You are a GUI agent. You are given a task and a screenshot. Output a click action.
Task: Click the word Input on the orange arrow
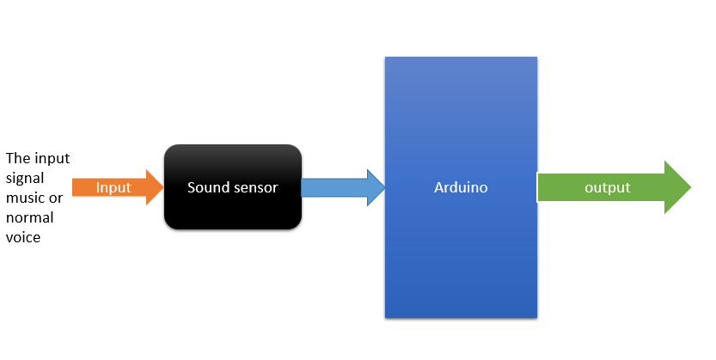(113, 187)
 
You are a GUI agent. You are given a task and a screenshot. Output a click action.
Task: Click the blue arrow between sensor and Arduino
(343, 187)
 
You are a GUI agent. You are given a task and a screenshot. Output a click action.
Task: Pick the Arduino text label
(461, 187)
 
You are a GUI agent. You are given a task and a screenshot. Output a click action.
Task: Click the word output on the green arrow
(608, 187)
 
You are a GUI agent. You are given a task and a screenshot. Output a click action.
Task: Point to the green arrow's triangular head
(677, 187)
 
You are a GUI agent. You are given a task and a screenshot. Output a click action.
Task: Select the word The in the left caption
(18, 158)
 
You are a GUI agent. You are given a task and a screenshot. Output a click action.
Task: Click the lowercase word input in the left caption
(52, 159)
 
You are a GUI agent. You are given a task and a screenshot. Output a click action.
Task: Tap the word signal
(25, 179)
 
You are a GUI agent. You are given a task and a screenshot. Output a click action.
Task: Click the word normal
(30, 217)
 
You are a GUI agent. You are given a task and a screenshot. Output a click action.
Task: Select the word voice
(23, 238)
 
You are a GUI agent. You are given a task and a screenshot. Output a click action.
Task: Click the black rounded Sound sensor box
(233, 186)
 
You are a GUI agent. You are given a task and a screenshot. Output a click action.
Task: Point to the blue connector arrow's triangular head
(376, 187)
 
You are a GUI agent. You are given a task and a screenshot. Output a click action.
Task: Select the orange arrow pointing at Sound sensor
(118, 187)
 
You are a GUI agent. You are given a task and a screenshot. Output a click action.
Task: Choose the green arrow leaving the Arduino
(615, 187)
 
